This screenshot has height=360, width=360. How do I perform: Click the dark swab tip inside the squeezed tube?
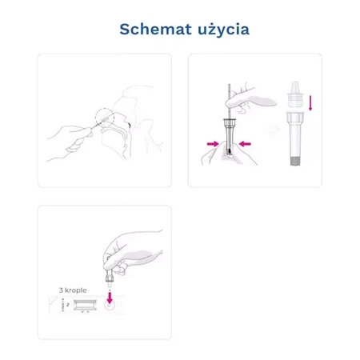click(x=229, y=149)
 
